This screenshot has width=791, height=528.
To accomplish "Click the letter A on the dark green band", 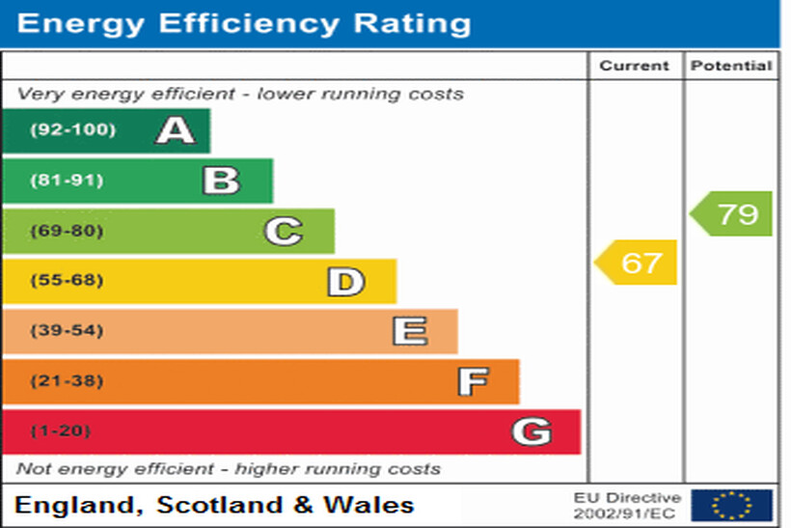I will (x=176, y=129).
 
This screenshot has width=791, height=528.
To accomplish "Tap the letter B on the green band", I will (x=221, y=181).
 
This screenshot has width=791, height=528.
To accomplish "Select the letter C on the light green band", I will (x=284, y=232).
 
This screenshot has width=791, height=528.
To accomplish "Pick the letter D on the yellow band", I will (x=345, y=282).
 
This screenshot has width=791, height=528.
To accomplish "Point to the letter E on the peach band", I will (x=409, y=332).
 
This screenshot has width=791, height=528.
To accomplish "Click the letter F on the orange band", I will (x=472, y=382).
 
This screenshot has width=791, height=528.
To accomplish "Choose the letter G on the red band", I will (x=532, y=431).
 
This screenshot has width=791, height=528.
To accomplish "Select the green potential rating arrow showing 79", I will (x=732, y=213).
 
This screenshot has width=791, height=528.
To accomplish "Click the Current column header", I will (x=634, y=66).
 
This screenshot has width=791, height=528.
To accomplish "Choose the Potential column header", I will (x=732, y=66).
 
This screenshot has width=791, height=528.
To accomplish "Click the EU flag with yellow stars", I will (x=731, y=505).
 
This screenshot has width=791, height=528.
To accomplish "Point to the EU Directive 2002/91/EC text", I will (x=627, y=505).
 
